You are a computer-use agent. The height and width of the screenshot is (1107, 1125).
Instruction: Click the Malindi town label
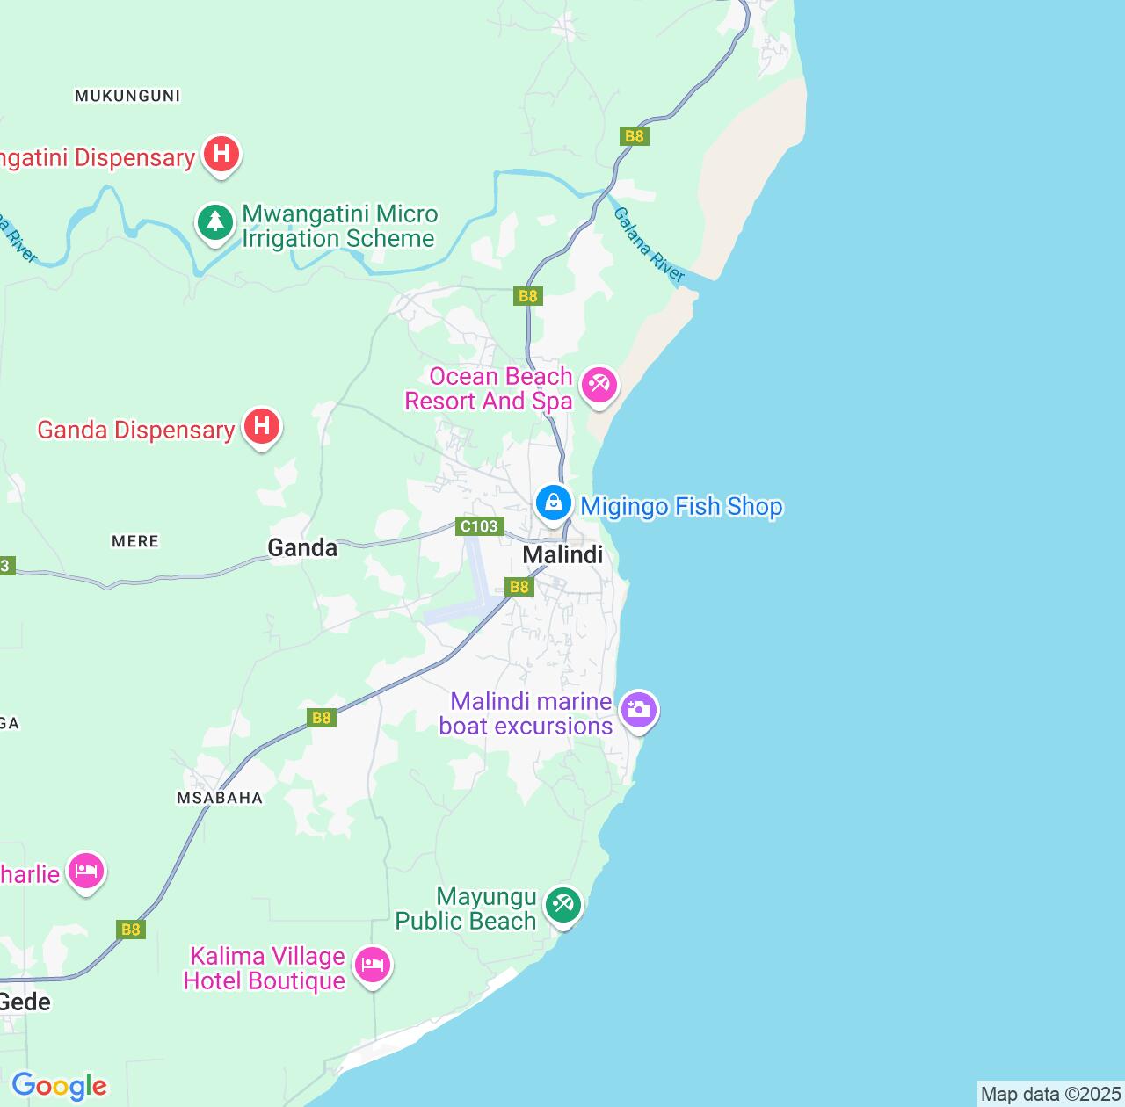tap(562, 554)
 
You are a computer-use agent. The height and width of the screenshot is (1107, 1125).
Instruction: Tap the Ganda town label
tap(301, 548)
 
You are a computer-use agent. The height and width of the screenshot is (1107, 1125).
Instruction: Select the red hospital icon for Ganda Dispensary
tap(261, 427)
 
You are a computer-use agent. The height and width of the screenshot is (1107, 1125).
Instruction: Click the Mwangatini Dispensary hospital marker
tap(221, 155)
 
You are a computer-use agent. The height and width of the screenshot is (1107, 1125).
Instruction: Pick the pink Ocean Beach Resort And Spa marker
tap(600, 386)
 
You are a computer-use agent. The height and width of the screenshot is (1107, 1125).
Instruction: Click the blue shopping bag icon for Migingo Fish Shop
tap(553, 504)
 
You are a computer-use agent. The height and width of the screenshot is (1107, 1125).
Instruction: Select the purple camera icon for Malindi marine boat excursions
tap(639, 710)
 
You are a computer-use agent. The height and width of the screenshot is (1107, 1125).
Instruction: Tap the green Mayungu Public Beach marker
tap(563, 904)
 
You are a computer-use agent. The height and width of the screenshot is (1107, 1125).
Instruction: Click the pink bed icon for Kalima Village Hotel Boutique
tap(373, 966)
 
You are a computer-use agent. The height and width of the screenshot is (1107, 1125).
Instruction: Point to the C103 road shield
tap(479, 526)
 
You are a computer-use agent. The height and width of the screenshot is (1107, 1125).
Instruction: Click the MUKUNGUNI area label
tap(127, 96)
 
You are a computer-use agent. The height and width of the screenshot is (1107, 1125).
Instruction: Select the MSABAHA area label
tap(220, 798)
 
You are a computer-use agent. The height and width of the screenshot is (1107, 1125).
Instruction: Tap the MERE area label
tap(135, 541)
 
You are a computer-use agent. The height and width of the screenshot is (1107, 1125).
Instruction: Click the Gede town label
tap(25, 1002)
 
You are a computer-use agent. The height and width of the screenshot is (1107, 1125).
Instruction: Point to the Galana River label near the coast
tap(649, 245)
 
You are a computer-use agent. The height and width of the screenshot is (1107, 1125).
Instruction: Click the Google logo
tap(59, 1086)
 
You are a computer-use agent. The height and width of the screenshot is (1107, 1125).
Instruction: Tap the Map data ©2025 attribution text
tap(1050, 1094)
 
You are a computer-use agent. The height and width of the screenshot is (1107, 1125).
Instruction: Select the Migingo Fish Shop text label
tap(681, 507)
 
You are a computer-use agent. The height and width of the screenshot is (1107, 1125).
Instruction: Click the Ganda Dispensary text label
tap(136, 430)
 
